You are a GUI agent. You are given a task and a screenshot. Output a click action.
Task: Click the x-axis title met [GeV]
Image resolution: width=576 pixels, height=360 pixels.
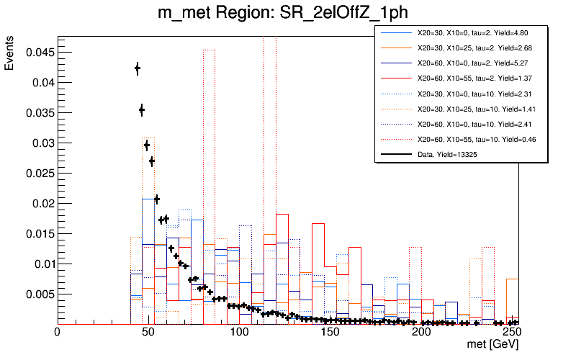click(492, 346)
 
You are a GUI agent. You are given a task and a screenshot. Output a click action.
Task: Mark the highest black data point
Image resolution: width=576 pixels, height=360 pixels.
click(137, 68)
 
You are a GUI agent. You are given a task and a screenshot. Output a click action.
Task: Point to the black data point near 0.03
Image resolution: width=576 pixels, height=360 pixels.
click(146, 145)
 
